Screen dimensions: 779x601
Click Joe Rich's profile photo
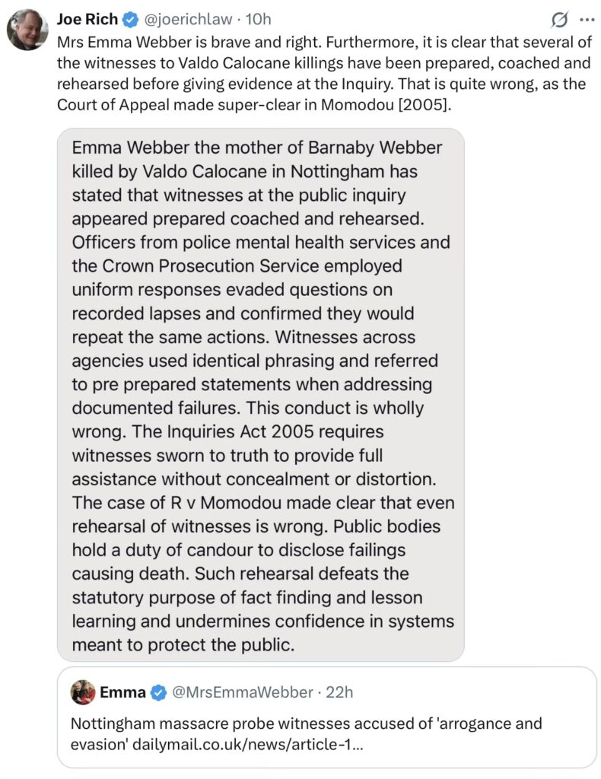click(x=27, y=30)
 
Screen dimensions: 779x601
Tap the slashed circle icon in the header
click(x=561, y=19)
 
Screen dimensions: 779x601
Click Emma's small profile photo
click(x=83, y=692)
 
